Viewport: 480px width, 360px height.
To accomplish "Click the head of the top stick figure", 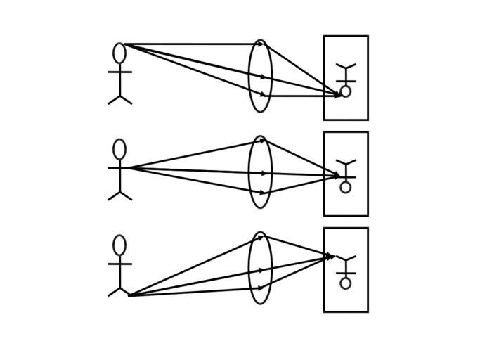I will [119, 53].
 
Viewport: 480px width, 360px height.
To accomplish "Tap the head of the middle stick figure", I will [119, 149].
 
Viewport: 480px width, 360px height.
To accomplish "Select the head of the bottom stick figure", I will [119, 245].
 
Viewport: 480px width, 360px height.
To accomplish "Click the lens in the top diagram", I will [260, 76].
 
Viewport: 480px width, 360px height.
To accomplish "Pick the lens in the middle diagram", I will [260, 172].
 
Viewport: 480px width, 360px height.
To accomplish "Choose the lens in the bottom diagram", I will [260, 268].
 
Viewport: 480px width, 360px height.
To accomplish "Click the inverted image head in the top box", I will [346, 91].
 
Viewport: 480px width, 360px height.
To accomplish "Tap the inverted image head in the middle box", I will [346, 187].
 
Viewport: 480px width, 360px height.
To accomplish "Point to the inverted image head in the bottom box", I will [346, 283].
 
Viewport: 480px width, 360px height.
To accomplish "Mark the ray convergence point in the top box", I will [341, 95].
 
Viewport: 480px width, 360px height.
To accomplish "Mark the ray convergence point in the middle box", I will [341, 176].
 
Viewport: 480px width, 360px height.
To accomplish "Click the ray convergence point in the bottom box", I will [333, 257].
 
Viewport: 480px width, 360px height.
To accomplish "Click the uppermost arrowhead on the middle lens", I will [262, 140].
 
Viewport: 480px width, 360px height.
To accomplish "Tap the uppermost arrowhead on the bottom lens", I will [261, 238].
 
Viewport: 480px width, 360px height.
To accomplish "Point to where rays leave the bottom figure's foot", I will [129, 295].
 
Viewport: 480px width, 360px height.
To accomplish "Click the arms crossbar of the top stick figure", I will [119, 72].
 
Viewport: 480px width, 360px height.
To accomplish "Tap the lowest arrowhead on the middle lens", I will [263, 192].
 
